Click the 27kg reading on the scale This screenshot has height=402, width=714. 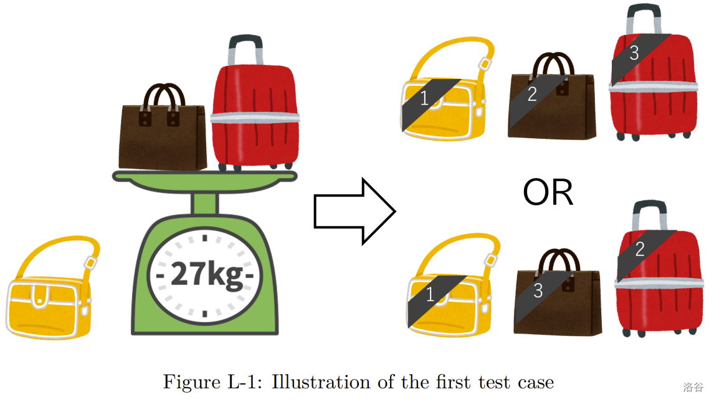(206, 274)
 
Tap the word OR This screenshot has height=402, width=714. (548, 194)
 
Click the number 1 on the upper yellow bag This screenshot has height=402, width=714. (424, 98)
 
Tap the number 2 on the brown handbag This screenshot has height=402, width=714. (531, 94)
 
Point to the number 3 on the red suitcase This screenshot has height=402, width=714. (634, 54)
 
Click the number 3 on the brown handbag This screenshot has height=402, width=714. (538, 290)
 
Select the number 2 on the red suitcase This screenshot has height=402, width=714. (640, 250)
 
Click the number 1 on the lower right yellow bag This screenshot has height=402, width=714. (430, 295)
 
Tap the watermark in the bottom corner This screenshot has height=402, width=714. (693, 387)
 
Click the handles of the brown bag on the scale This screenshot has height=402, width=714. (164, 96)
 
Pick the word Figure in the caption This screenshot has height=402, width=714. (189, 381)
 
